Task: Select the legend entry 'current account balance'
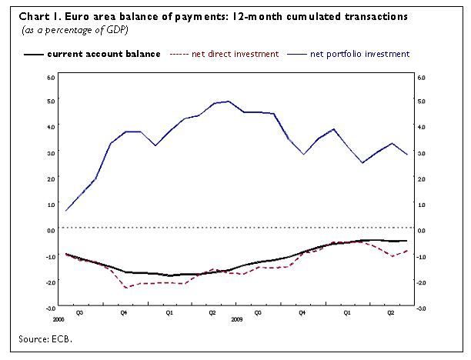tap(103, 55)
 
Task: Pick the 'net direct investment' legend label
tap(235, 55)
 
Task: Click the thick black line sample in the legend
tap(34, 55)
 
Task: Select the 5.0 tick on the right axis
tap(421, 101)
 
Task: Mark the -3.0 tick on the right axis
tap(420, 308)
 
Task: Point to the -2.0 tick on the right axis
tap(420, 282)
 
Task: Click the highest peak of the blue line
tap(229, 101)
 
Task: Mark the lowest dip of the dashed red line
tap(125, 288)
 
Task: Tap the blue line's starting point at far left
tap(66, 210)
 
